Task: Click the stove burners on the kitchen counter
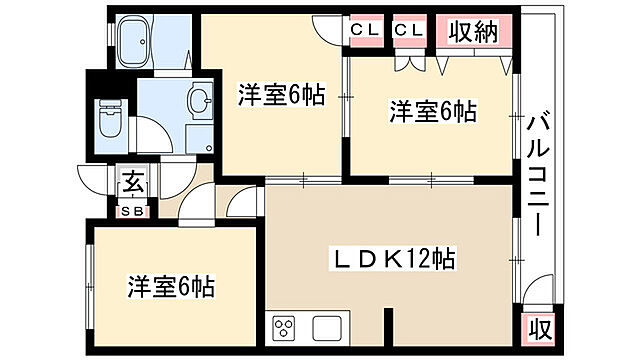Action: click(284, 327)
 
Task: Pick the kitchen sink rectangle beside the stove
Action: click(328, 327)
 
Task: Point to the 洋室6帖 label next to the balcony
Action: click(432, 112)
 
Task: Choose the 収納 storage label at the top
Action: click(472, 32)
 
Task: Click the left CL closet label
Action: click(364, 31)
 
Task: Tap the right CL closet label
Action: click(408, 31)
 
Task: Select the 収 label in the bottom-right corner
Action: click(538, 328)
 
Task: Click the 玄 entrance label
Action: click(132, 183)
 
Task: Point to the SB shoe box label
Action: click(132, 211)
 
